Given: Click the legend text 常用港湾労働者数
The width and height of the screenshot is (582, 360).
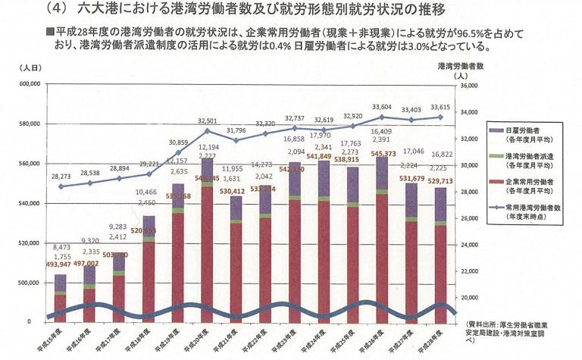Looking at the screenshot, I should click(539, 208).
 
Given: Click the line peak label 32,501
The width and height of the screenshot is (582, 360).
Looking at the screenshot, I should click(207, 121).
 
